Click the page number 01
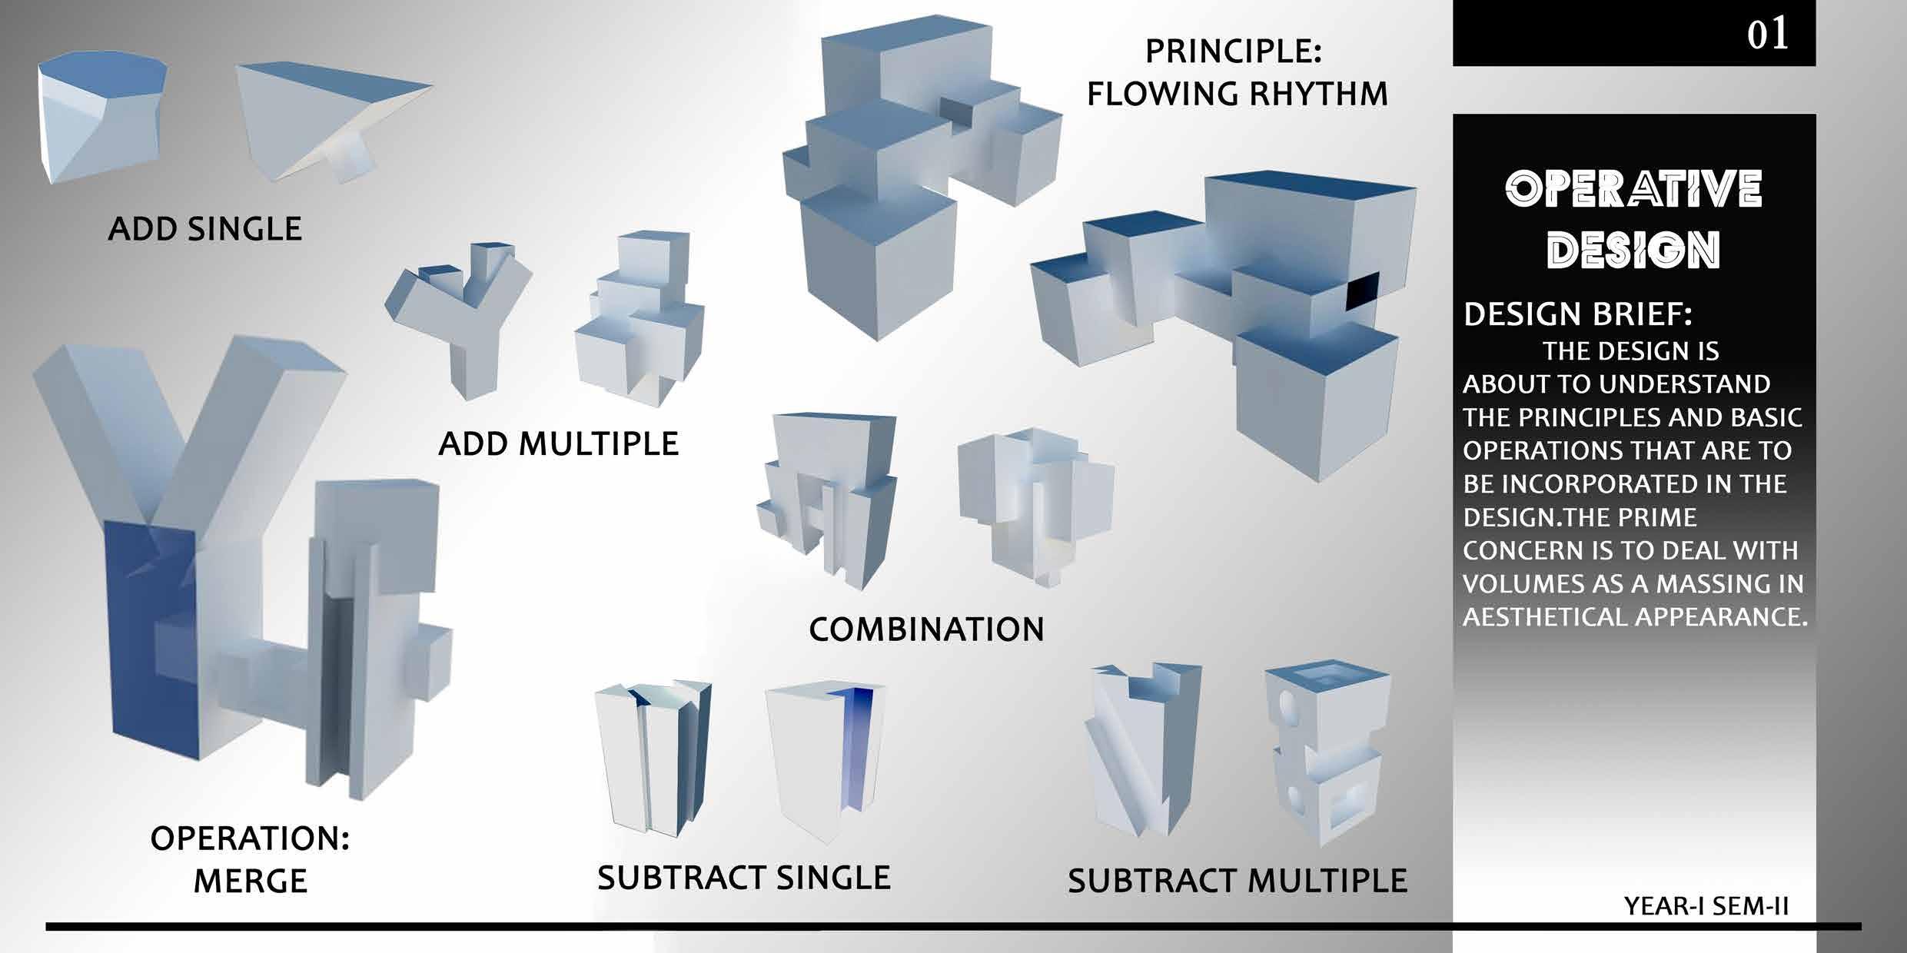click(x=1767, y=35)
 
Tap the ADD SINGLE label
click(x=204, y=229)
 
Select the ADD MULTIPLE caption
click(x=558, y=444)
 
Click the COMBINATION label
click(x=926, y=630)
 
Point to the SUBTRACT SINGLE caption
click(x=743, y=878)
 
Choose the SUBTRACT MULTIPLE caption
click(x=1237, y=881)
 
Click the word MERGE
click(x=250, y=881)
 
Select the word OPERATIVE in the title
click(x=1633, y=189)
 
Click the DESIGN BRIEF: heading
click(x=1577, y=315)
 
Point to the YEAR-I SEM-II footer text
click(x=1706, y=907)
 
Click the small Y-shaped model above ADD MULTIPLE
click(x=461, y=315)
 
